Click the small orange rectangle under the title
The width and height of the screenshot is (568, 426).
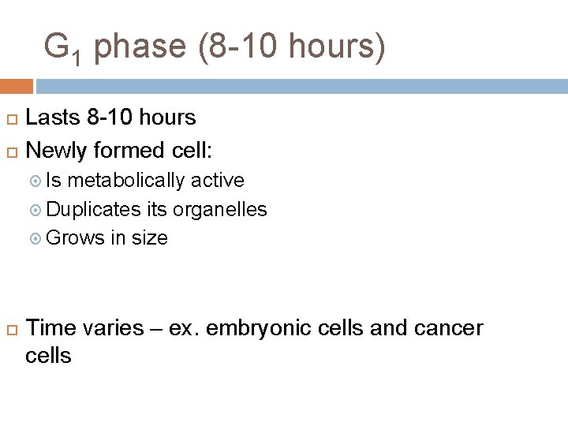coord(17,86)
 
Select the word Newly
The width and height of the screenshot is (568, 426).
coord(56,149)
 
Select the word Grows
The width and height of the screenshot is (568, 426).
coord(76,238)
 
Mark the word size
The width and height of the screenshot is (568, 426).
coord(150,238)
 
